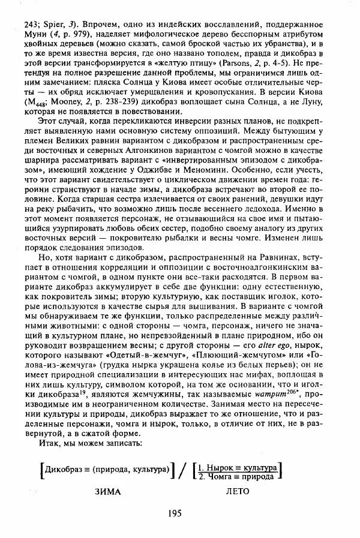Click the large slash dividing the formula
179,469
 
